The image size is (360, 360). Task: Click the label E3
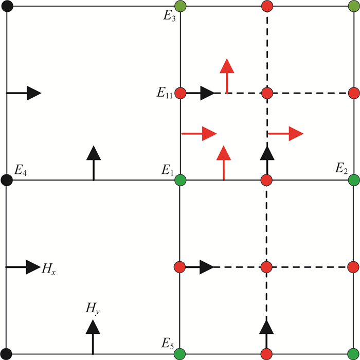pos(170,15)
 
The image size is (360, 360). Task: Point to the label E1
pos(168,169)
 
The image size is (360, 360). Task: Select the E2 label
pos(341,169)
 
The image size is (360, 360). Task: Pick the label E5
pos(168,342)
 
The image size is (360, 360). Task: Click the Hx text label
pos(49,268)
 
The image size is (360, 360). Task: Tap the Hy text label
pos(93,309)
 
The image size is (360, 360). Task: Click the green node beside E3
pos(180,7)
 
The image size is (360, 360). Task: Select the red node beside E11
pos(180,94)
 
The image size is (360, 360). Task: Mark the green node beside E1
pos(180,180)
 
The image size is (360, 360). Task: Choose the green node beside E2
pos(353,180)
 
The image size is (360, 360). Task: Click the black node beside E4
pos(7,180)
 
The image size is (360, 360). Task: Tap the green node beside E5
pos(180,353)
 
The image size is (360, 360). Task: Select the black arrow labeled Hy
pos(93,335)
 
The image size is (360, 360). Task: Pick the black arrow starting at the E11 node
pos(201,94)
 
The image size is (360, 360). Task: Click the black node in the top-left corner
pos(7,7)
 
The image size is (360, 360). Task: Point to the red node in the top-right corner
pos(353,7)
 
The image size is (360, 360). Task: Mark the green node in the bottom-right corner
pos(353,353)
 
